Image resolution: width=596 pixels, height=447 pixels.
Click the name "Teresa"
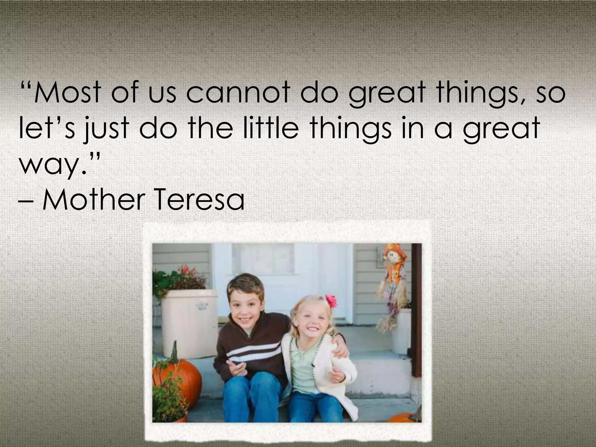click(x=201, y=200)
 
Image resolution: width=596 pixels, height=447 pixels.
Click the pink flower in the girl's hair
click(x=331, y=301)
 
